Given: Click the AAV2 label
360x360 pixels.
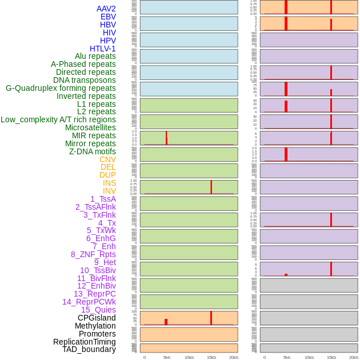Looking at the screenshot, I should pyautogui.click(x=106, y=9).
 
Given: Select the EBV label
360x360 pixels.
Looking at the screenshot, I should pyautogui.click(x=108, y=17).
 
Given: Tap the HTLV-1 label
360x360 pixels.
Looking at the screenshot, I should pyautogui.click(x=102, y=49).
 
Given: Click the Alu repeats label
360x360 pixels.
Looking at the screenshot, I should pyautogui.click(x=95, y=56).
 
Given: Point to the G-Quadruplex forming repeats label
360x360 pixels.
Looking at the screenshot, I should pyautogui.click(x=61, y=88).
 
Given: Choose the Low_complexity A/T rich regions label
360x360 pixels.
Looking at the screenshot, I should pyautogui.click(x=58, y=119).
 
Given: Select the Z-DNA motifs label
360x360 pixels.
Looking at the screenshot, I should pyautogui.click(x=92, y=151).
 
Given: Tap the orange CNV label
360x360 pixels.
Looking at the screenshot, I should pyautogui.click(x=107, y=159).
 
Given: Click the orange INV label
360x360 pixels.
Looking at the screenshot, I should pyautogui.click(x=109, y=191).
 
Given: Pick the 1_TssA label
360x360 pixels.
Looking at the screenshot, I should pyautogui.click(x=103, y=199).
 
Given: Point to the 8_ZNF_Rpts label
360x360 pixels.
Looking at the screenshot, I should pyautogui.click(x=93, y=254).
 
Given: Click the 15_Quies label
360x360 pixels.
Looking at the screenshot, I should pyautogui.click(x=98, y=310).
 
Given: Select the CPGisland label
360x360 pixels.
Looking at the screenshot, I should pyautogui.click(x=97, y=318).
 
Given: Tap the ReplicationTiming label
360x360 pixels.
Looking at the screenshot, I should pyautogui.click(x=84, y=342).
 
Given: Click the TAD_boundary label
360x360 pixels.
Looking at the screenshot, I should pyautogui.click(x=89, y=349).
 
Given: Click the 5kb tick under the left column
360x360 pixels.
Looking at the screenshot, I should pyautogui.click(x=167, y=357).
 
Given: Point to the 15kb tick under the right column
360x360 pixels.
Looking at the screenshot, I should pyautogui.click(x=331, y=357).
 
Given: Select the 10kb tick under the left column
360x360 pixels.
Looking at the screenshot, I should pyautogui.click(x=189, y=357).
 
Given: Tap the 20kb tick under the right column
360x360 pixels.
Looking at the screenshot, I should pyautogui.click(x=354, y=357).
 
